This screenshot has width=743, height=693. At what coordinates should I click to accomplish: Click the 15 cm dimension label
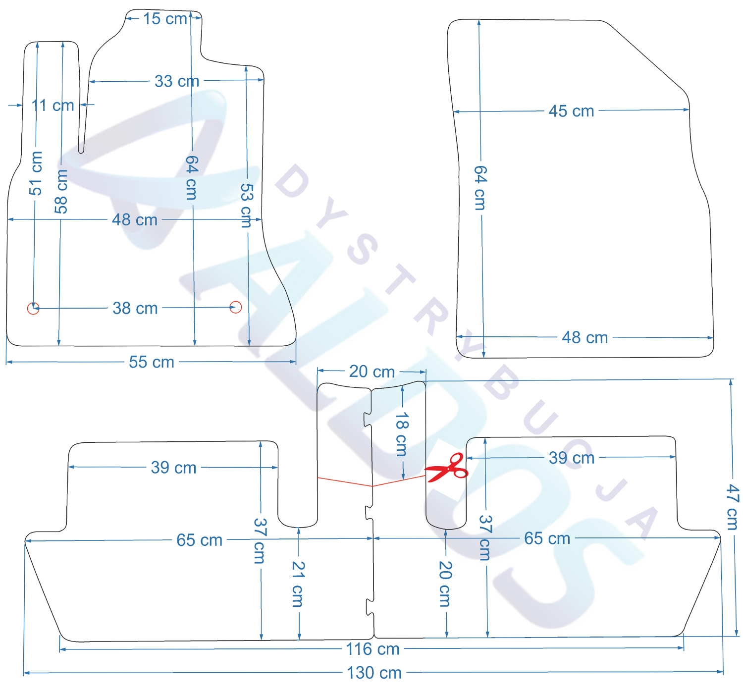(165, 19)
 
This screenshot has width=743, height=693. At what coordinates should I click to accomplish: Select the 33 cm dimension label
(176, 81)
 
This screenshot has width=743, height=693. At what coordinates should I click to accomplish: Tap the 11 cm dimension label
(53, 105)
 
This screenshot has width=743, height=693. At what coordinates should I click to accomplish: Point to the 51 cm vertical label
(36, 173)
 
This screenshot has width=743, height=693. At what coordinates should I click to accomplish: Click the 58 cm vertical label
(61, 191)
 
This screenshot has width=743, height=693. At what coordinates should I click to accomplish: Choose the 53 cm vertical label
(246, 206)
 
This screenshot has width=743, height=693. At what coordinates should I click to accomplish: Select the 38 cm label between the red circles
(135, 308)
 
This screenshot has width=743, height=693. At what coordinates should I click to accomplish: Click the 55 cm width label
(152, 362)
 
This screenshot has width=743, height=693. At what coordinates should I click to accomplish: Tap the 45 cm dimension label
(571, 111)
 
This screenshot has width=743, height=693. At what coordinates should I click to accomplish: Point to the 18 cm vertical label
(401, 434)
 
